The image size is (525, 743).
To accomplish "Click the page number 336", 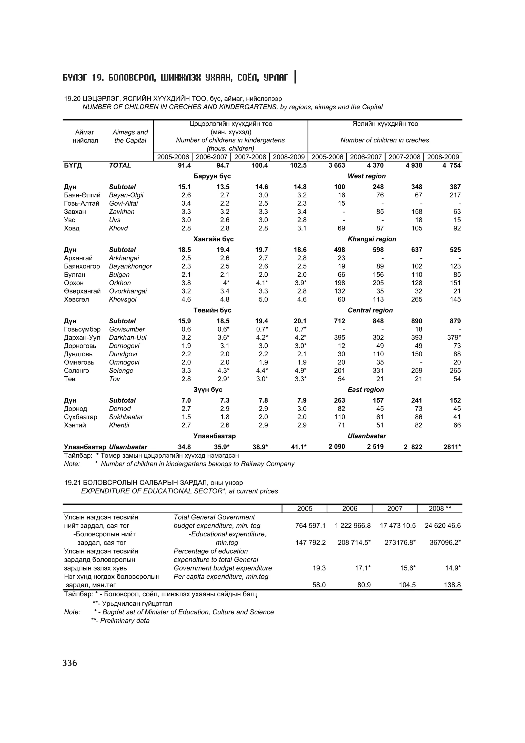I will (x=70, y=663).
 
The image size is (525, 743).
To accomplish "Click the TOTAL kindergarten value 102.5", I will (x=298, y=165).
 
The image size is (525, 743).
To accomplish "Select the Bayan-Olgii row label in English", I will (x=126, y=195).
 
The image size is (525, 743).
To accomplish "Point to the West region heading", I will (x=367, y=176).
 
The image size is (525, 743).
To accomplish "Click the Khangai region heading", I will (x=372, y=239).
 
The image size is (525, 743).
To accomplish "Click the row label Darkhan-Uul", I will (x=127, y=337).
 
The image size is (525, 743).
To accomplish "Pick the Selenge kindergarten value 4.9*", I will (x=300, y=370).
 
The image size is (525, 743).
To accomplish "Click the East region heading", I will (x=366, y=390).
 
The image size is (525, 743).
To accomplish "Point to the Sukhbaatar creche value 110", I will (x=339, y=417).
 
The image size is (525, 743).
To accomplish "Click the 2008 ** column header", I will (x=440, y=509).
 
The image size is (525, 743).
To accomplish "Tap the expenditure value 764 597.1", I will (x=310, y=526).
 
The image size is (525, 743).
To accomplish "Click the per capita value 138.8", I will (x=452, y=585).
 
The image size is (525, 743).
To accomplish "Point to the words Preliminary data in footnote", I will (x=125, y=620).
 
